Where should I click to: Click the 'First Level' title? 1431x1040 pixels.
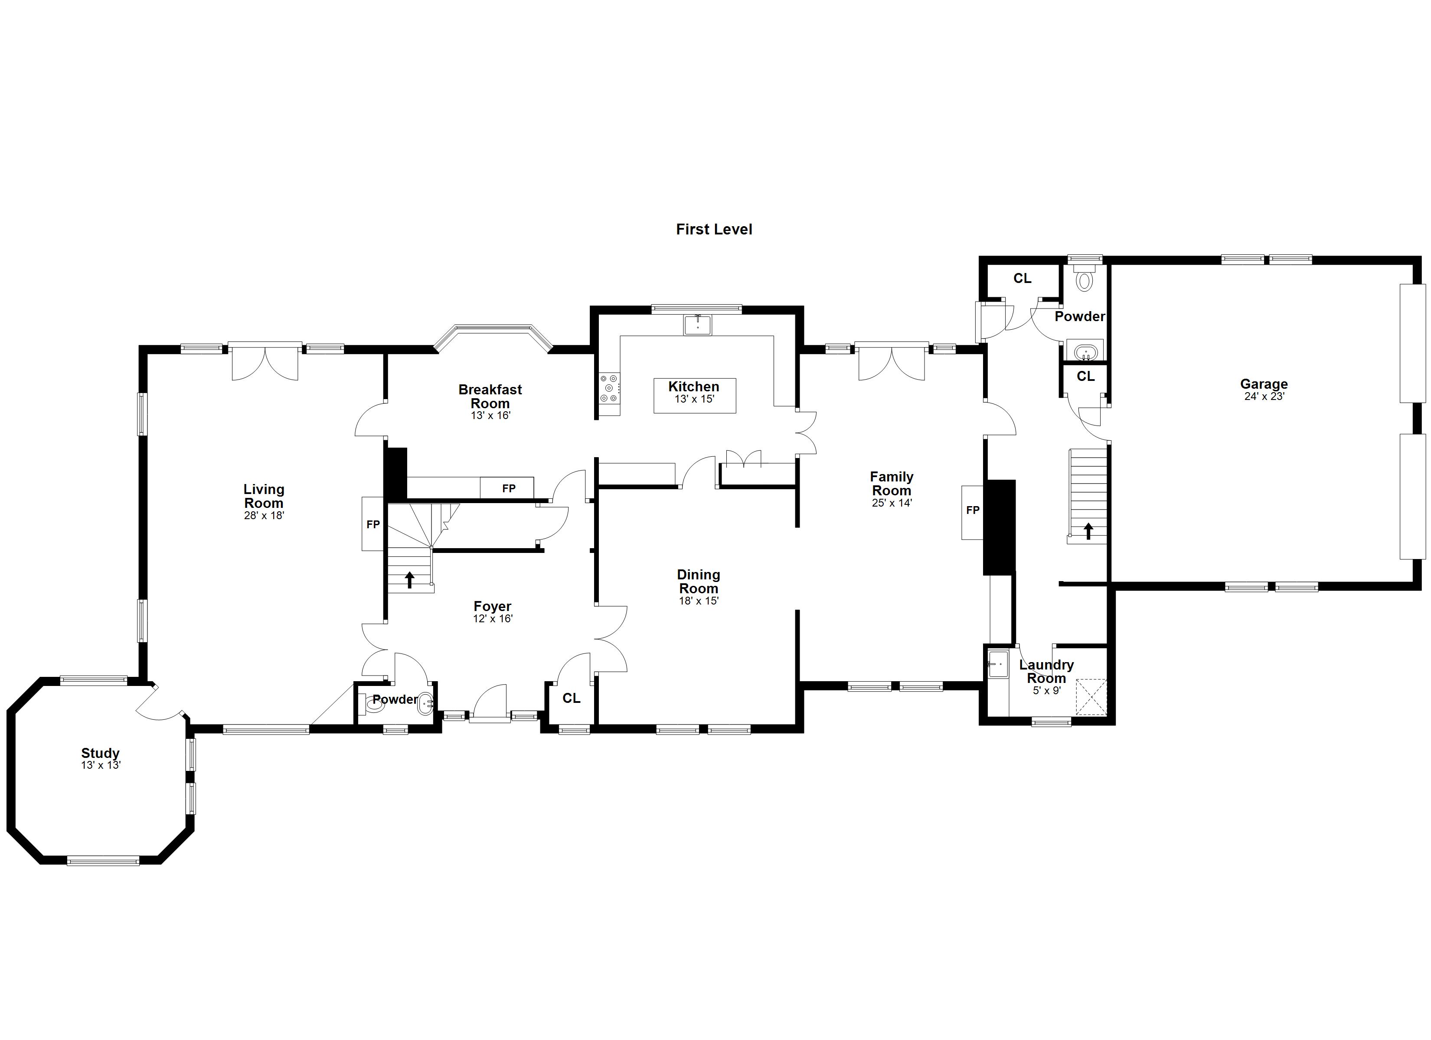(x=714, y=230)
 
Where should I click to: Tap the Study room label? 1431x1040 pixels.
(x=100, y=753)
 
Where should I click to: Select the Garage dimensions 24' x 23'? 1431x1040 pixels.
(x=1264, y=396)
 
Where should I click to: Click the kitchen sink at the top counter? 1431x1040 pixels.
(x=698, y=325)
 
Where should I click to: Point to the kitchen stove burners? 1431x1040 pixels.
(x=610, y=388)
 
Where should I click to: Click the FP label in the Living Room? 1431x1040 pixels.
(x=373, y=524)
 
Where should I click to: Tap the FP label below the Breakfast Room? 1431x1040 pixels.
(x=509, y=488)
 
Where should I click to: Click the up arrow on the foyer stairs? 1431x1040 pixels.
(x=409, y=579)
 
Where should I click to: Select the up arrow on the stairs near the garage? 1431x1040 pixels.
(x=1088, y=531)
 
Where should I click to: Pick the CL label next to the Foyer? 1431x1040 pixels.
(x=571, y=698)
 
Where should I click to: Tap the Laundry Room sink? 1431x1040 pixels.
(x=998, y=664)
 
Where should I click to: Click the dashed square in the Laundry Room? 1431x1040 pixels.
(x=1091, y=697)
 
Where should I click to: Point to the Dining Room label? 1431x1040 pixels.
(x=699, y=582)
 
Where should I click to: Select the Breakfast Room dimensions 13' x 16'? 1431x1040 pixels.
(x=490, y=416)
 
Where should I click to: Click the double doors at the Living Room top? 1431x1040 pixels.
(x=265, y=362)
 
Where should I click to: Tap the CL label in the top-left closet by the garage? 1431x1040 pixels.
(x=1022, y=278)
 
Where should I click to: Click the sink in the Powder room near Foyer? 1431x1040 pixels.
(x=426, y=702)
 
